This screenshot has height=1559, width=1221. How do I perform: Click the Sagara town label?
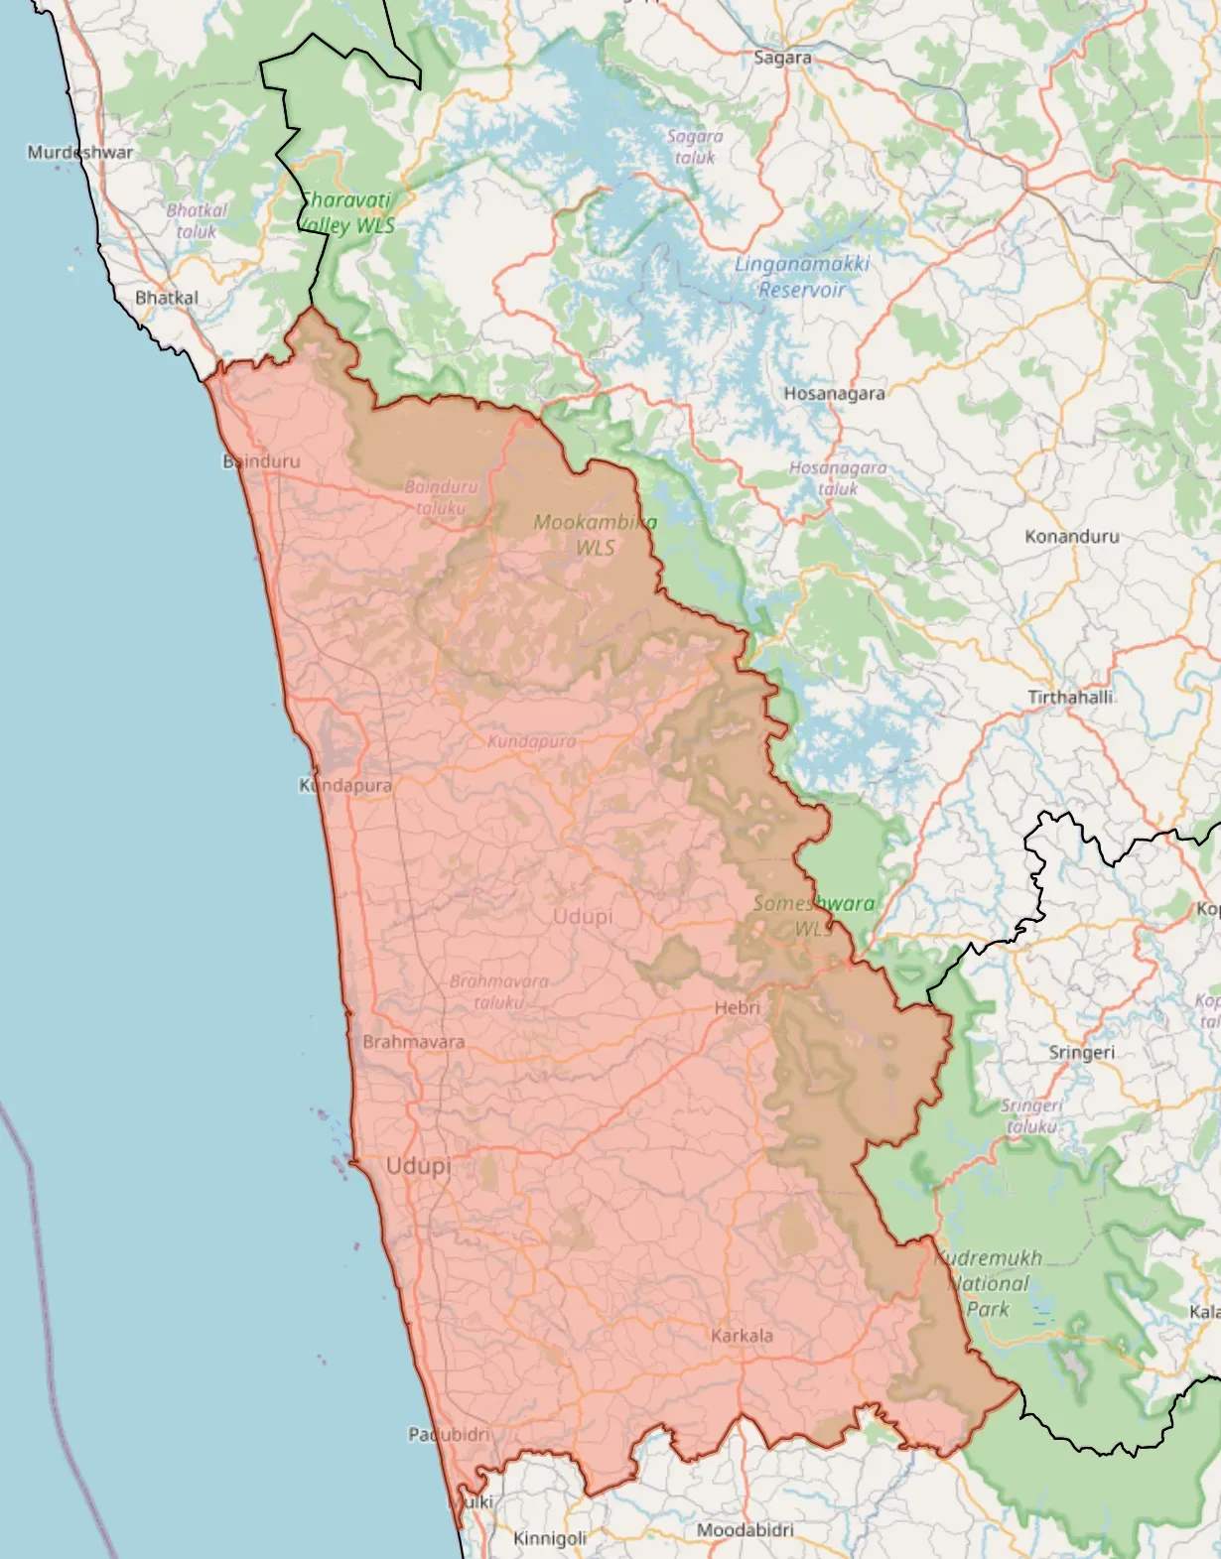point(782,58)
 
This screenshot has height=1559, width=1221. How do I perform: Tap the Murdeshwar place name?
point(79,152)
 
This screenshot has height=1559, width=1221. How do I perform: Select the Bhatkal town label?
point(167,298)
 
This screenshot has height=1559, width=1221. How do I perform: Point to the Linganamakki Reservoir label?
point(802,277)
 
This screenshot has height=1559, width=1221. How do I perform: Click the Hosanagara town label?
point(834,393)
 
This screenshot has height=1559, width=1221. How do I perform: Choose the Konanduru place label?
point(1072,536)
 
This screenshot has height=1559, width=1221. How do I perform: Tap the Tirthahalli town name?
point(1070,697)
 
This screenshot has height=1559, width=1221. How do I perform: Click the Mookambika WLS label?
point(595,534)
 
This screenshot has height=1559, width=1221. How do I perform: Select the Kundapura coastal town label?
point(345,785)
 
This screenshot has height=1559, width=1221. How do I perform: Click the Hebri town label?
point(737,1007)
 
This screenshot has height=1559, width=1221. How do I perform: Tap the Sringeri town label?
point(1081,1052)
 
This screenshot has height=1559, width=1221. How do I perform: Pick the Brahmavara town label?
point(413,1042)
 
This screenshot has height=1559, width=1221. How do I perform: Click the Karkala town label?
point(742,1336)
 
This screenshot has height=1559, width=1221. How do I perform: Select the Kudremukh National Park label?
point(988,1283)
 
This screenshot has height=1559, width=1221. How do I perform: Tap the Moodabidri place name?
point(745,1529)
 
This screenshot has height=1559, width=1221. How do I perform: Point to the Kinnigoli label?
point(550,1538)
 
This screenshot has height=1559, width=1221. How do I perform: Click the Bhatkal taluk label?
point(197,220)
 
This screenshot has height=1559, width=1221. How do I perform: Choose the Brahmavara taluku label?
point(498,991)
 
